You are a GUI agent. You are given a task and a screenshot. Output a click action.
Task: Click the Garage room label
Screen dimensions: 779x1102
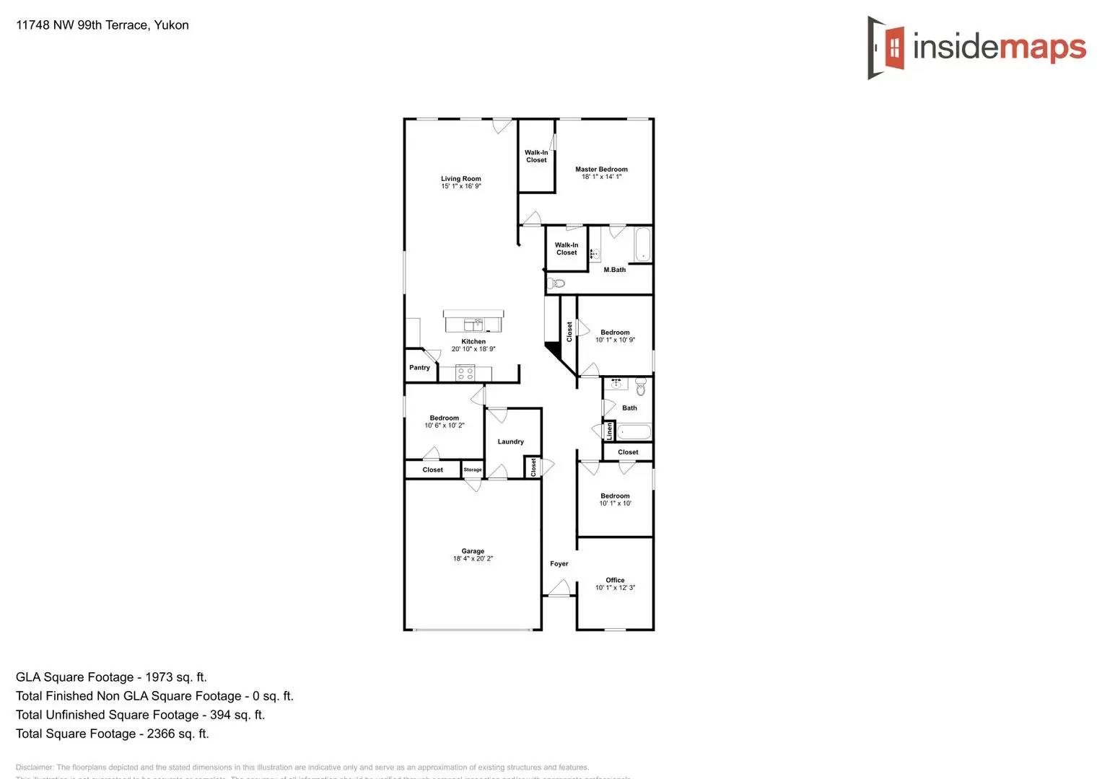pos(473,551)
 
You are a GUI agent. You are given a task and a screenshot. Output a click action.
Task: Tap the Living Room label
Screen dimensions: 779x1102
pos(461,179)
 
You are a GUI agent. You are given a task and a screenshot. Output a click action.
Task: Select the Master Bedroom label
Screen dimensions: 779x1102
pos(601,170)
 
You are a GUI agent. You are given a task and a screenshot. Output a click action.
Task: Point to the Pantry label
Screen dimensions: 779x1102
pos(419,368)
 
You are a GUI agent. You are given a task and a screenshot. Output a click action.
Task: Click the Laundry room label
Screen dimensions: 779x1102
pos(510,441)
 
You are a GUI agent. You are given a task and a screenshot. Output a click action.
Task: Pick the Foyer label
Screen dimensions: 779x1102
pos(559,564)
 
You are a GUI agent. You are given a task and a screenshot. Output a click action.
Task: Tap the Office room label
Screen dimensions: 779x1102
pos(615,580)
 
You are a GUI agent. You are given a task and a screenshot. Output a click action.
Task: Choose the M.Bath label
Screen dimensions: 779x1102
pos(614,270)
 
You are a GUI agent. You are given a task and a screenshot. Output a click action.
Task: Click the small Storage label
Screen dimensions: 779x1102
pos(473,470)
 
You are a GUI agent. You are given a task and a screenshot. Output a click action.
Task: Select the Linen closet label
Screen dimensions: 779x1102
pos(610,431)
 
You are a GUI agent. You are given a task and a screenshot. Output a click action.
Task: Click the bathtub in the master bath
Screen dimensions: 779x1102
pos(642,245)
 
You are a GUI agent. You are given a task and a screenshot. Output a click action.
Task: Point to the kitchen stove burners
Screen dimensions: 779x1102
pos(465,373)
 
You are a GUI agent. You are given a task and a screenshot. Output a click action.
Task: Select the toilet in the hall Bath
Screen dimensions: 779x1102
pos(641,388)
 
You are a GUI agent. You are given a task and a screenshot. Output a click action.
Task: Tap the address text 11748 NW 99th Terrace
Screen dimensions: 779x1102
pos(102,25)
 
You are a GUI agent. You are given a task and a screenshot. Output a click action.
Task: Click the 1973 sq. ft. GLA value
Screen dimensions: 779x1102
pos(175,677)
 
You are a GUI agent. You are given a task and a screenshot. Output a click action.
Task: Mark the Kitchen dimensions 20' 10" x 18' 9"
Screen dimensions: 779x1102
pos(473,349)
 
